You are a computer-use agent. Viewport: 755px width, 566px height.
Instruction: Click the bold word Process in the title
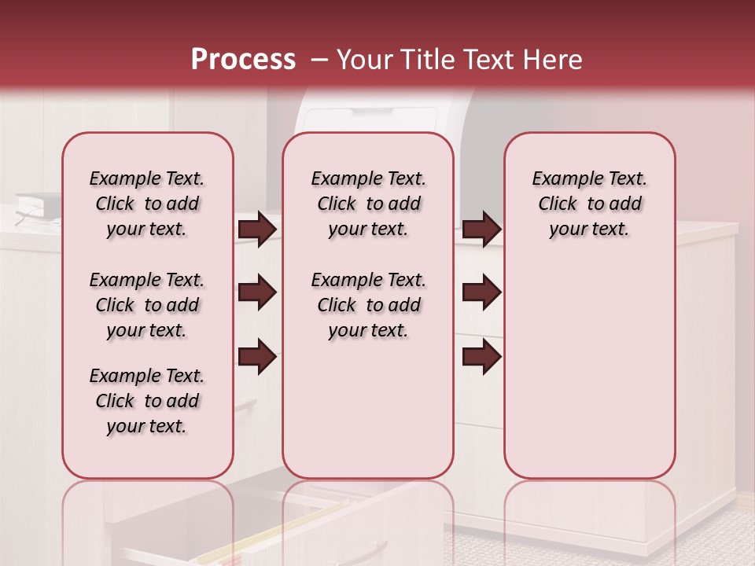pyautogui.click(x=243, y=60)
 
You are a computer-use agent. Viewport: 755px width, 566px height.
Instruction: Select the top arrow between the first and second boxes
pyautogui.click(x=257, y=230)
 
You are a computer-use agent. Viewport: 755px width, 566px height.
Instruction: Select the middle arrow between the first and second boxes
pyautogui.click(x=257, y=293)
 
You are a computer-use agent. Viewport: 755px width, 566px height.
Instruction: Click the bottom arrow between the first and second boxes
pyautogui.click(x=257, y=357)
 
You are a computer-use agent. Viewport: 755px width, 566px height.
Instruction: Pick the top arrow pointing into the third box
pyautogui.click(x=481, y=230)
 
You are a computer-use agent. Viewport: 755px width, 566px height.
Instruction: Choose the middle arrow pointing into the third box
pyautogui.click(x=481, y=293)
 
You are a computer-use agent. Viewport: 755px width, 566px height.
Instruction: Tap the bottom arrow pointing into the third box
pyautogui.click(x=481, y=357)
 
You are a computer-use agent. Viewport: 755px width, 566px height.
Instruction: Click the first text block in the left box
pyautogui.click(x=147, y=204)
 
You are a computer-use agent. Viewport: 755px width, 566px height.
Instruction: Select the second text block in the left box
pyautogui.click(x=147, y=305)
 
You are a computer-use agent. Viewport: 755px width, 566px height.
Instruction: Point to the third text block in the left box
pyautogui.click(x=147, y=401)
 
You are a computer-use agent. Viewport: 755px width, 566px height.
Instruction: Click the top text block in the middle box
pyautogui.click(x=368, y=204)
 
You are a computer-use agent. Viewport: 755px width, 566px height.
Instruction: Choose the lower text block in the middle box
pyautogui.click(x=368, y=305)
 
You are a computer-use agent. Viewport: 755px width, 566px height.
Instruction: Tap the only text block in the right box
pyautogui.click(x=589, y=204)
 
